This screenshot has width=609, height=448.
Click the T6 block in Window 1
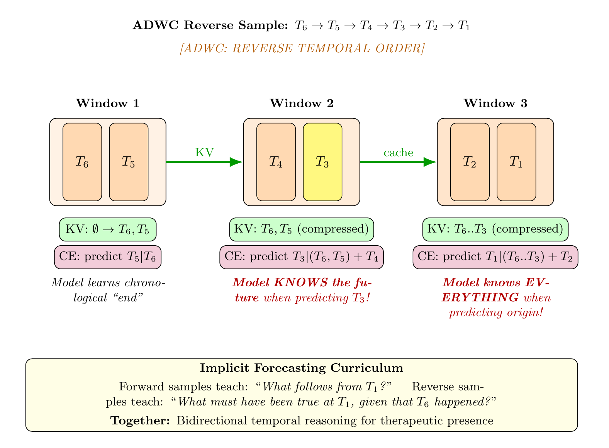pyautogui.click(x=82, y=162)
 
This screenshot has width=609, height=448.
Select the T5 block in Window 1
pyautogui.click(x=129, y=162)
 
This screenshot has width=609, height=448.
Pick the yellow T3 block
pyautogui.click(x=323, y=162)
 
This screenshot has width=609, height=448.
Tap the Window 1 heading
pyautogui.click(x=108, y=103)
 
